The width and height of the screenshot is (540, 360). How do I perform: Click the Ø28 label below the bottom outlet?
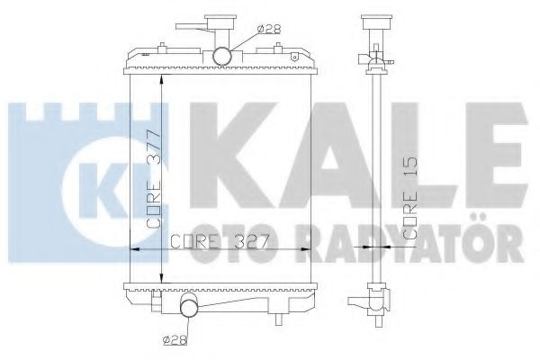click(x=176, y=340)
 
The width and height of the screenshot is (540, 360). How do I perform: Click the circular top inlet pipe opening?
click(x=223, y=57)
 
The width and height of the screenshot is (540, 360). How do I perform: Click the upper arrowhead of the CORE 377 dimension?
click(x=160, y=79)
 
